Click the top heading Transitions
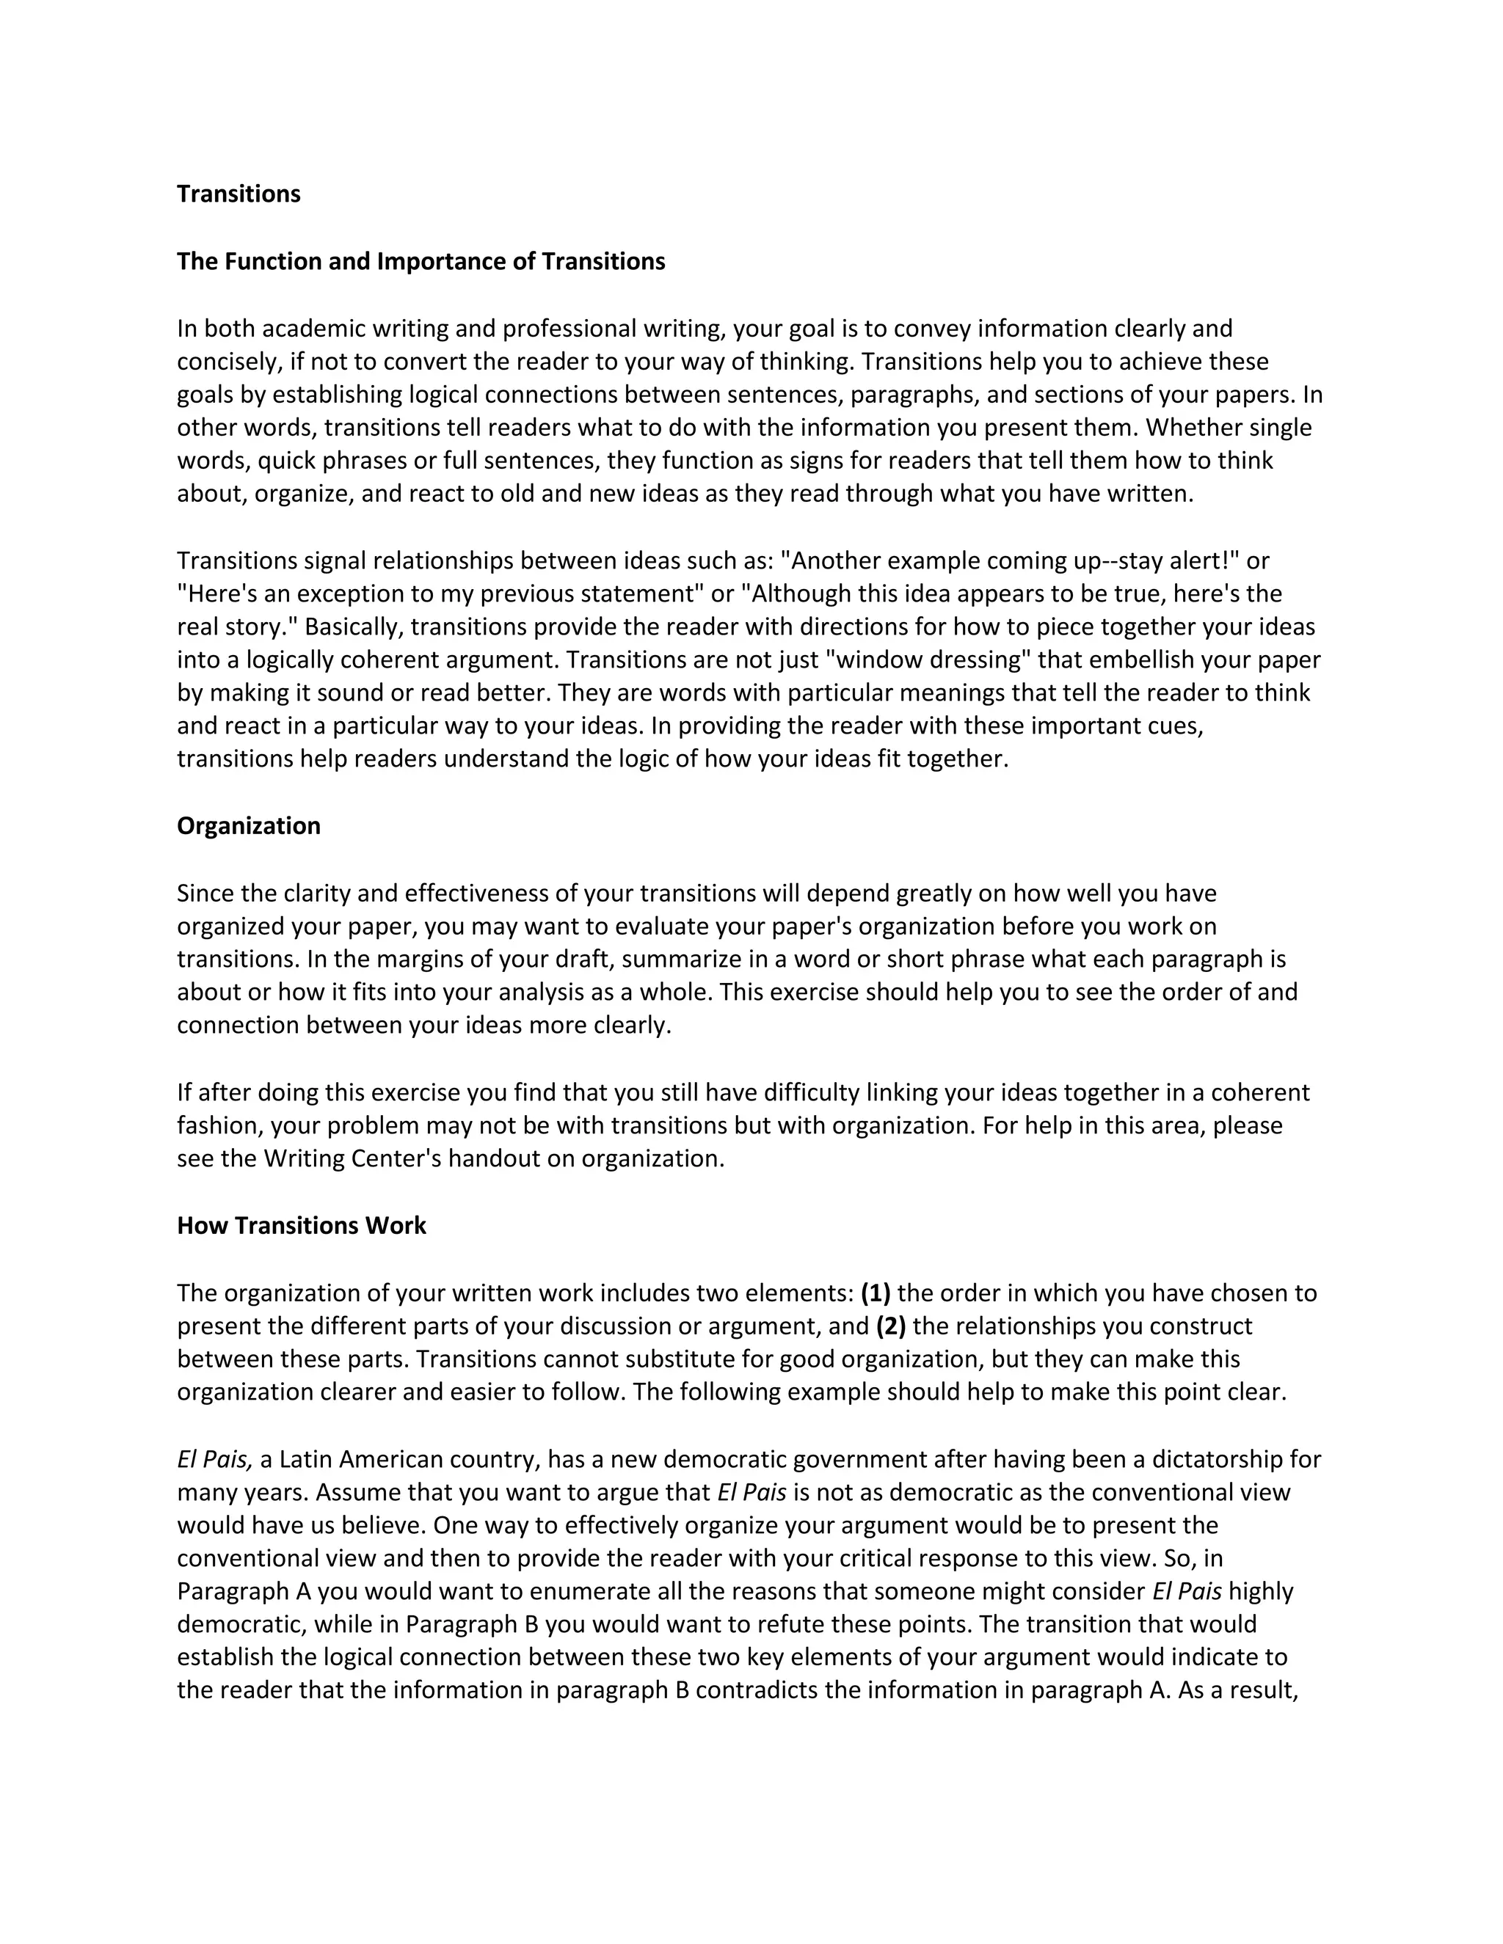239,194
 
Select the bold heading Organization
249,826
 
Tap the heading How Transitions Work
301,1226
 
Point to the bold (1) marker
876,1293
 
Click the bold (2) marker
891,1326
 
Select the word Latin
305,1460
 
